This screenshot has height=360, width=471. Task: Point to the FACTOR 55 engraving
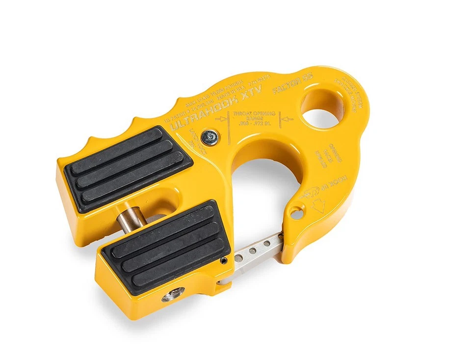coord(299,87)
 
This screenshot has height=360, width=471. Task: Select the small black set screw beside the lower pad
coord(223,260)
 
